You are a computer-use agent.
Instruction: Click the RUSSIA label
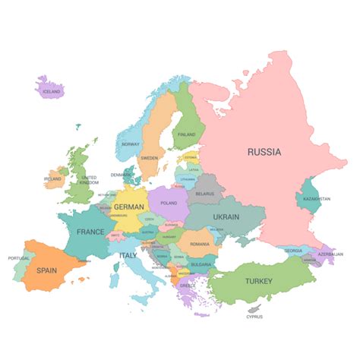point(264,152)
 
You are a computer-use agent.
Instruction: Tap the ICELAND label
point(52,91)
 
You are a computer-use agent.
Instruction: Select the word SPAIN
point(47,270)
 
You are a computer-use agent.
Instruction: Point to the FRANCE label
point(90,232)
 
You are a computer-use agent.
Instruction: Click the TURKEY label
point(257,281)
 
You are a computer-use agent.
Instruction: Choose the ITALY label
point(128,255)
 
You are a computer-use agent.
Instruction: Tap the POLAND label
point(169,204)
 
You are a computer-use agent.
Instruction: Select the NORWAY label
point(131,143)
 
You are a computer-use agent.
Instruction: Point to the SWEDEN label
point(150,158)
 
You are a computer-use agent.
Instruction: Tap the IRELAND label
point(52,179)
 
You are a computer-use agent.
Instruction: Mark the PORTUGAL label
point(18,258)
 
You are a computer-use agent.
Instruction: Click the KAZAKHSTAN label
point(317,199)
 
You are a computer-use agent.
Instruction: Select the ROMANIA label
point(200,244)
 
